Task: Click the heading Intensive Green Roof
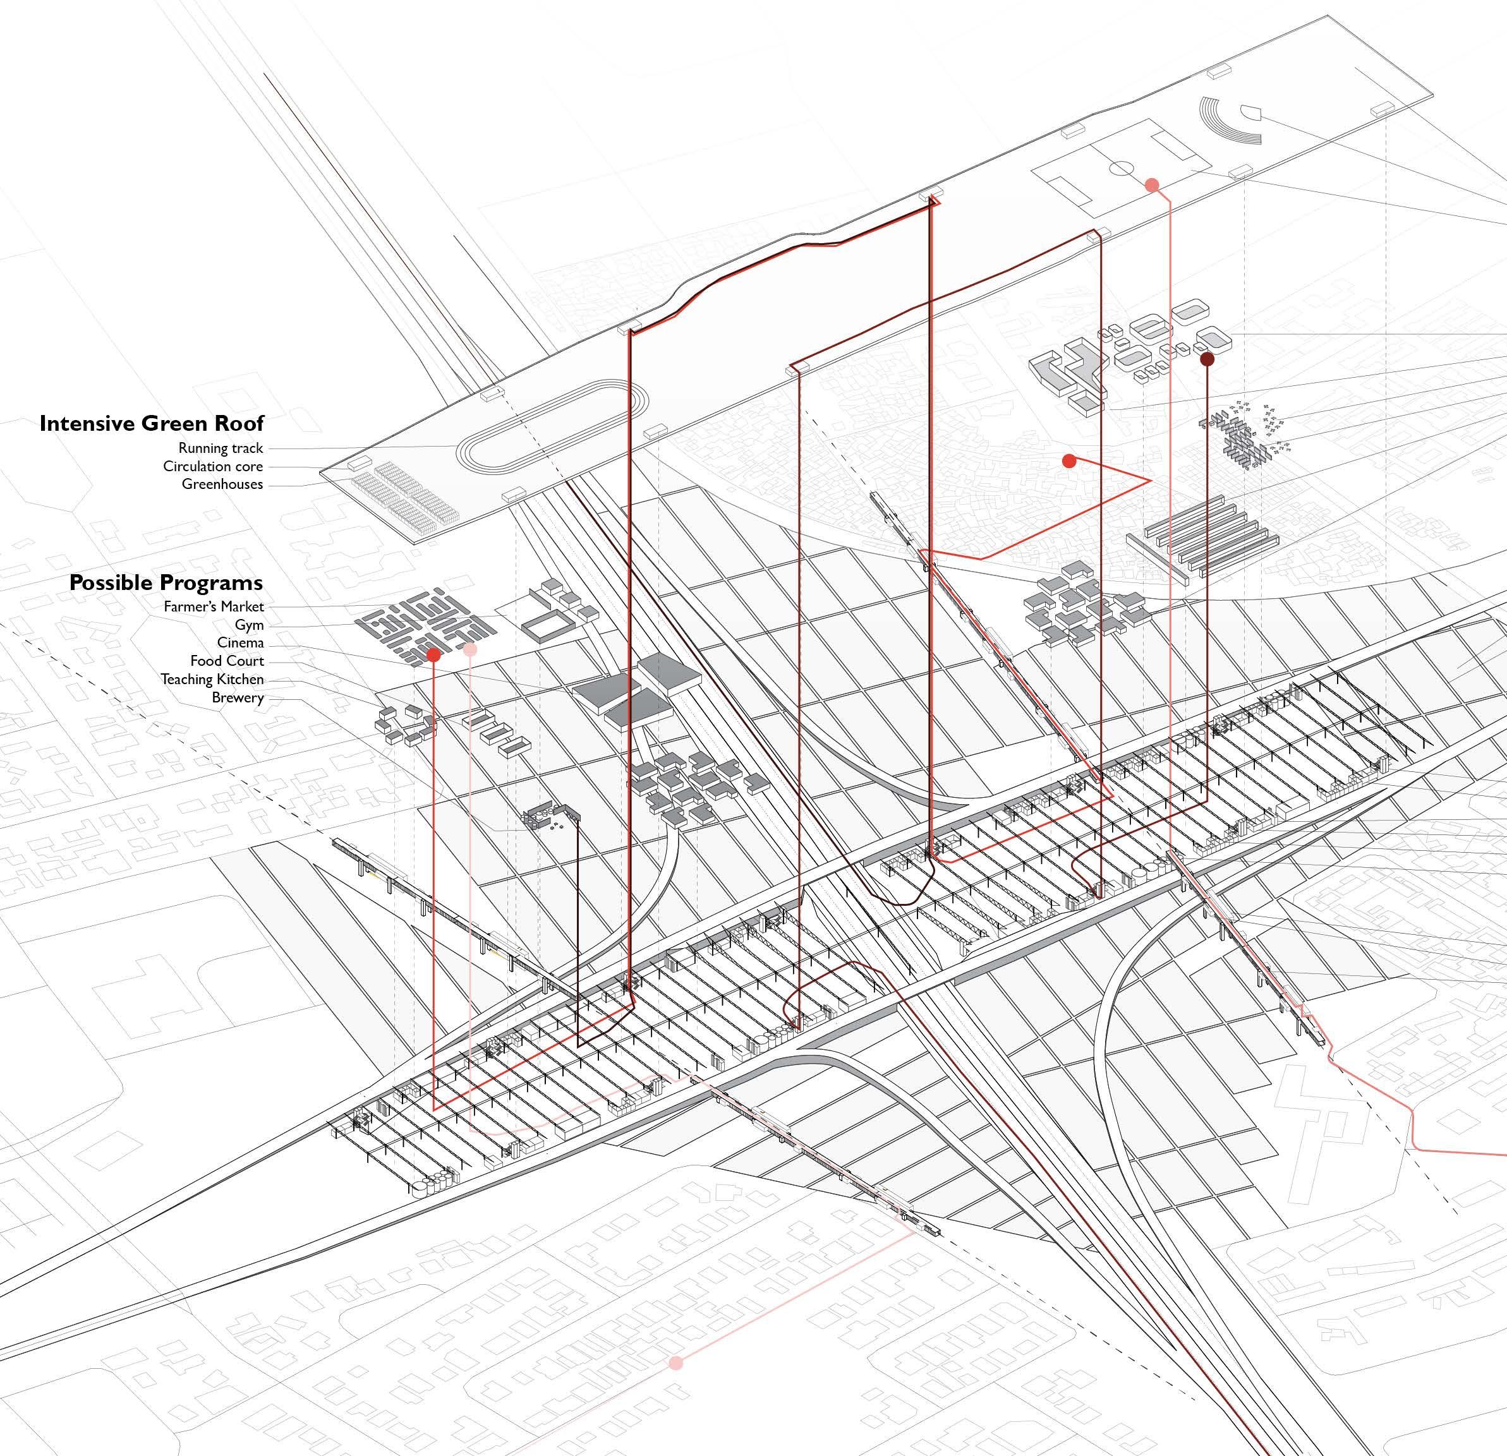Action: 152,424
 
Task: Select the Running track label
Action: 221,448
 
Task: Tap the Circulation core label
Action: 213,467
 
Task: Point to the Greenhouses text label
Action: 222,484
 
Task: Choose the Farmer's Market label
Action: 213,606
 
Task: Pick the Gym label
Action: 249,625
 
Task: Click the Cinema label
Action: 240,642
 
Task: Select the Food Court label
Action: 227,661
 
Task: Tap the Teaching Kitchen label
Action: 212,680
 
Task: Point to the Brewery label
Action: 238,698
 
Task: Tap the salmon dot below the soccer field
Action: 1152,184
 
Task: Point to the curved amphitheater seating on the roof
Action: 1230,125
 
